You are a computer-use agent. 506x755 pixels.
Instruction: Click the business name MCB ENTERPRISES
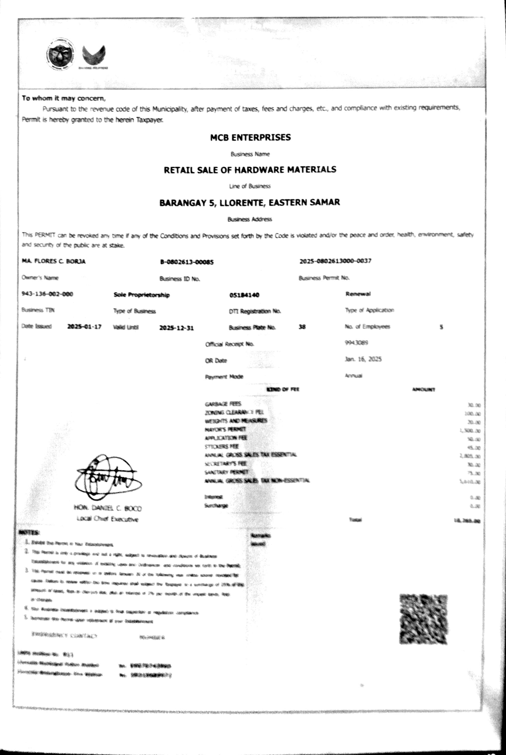250,137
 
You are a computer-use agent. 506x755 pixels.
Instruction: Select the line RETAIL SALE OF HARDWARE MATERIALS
250,170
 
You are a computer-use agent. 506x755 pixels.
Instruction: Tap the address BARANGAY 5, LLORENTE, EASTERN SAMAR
249,203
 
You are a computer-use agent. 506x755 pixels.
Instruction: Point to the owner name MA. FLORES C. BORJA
54,261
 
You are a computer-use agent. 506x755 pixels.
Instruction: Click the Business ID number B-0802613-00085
187,262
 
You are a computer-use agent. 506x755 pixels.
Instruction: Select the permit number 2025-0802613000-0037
335,261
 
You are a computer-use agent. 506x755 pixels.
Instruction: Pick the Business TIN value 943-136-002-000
47,294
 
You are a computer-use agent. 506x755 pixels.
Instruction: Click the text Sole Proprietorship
142,295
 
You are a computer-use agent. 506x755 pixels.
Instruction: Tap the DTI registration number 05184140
244,295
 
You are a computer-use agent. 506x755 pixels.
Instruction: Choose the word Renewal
358,294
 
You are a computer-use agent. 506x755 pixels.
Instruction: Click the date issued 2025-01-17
84,327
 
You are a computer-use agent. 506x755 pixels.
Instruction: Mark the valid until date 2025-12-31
176,328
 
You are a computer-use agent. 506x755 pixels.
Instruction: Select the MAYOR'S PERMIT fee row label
225,429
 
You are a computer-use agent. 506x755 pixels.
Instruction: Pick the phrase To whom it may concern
64,98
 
